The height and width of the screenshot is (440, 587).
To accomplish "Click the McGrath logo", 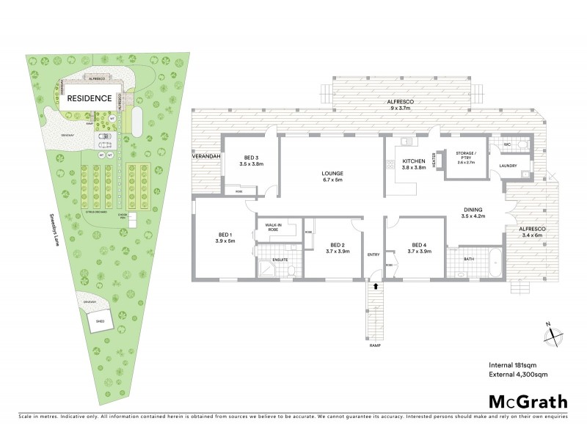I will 528,401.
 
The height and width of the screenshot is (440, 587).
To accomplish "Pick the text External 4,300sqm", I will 519,375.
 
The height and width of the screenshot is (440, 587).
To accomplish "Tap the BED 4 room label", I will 419,248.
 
